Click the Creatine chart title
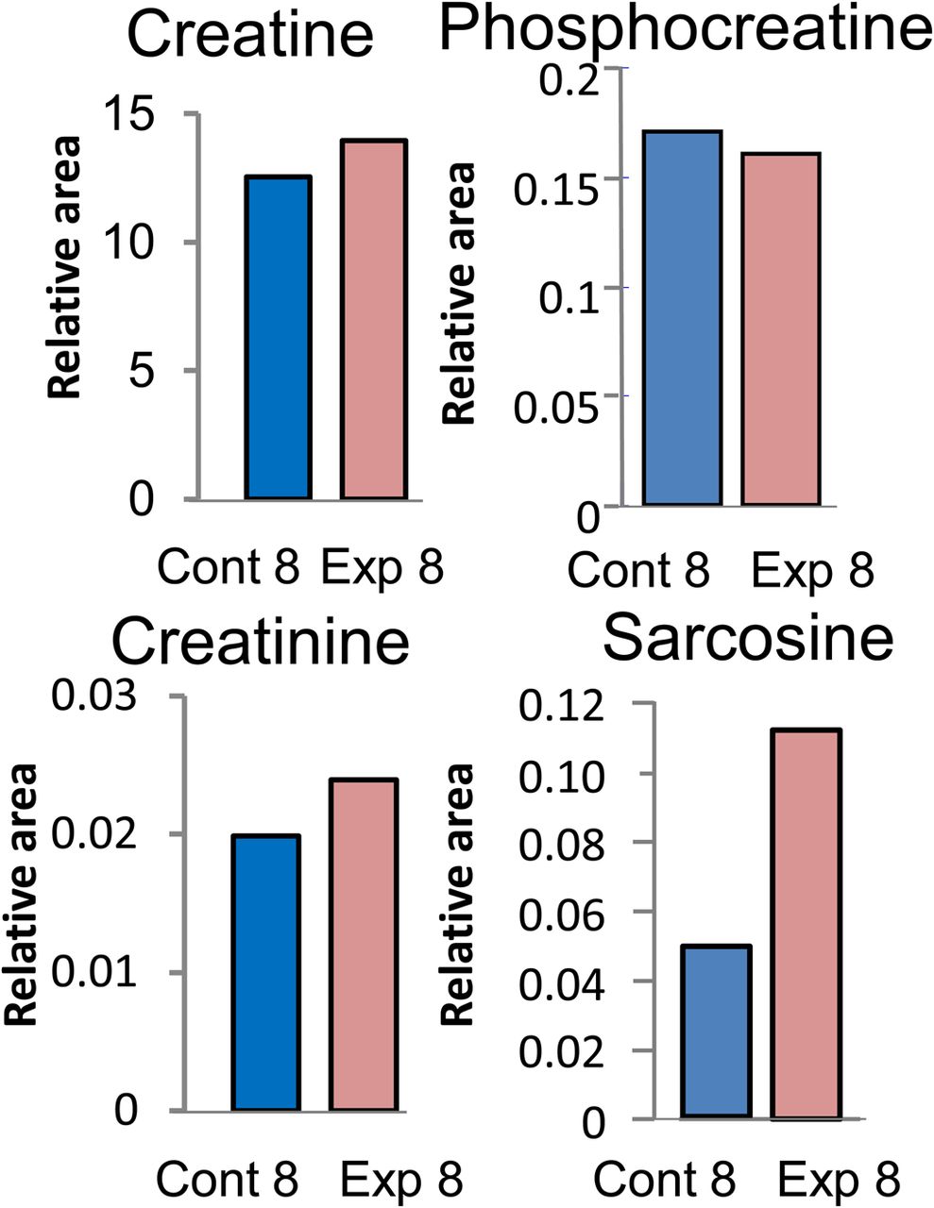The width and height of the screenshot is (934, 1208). coord(249,34)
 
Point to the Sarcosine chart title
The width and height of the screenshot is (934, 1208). coord(747,639)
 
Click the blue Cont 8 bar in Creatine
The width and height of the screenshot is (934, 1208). coord(278,337)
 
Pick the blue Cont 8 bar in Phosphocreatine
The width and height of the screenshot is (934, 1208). coord(682,318)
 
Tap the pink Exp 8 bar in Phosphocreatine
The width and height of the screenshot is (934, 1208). coord(780,329)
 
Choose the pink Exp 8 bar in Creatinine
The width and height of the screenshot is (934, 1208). coord(364,945)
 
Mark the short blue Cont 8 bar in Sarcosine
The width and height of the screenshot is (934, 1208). coord(717,1032)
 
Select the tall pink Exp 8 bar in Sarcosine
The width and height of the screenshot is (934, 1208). coord(807,924)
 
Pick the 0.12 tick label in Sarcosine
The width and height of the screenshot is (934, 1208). coord(562,705)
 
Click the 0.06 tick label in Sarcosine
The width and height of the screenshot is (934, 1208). coord(562,913)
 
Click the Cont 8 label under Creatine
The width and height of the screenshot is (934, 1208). coord(229,568)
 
